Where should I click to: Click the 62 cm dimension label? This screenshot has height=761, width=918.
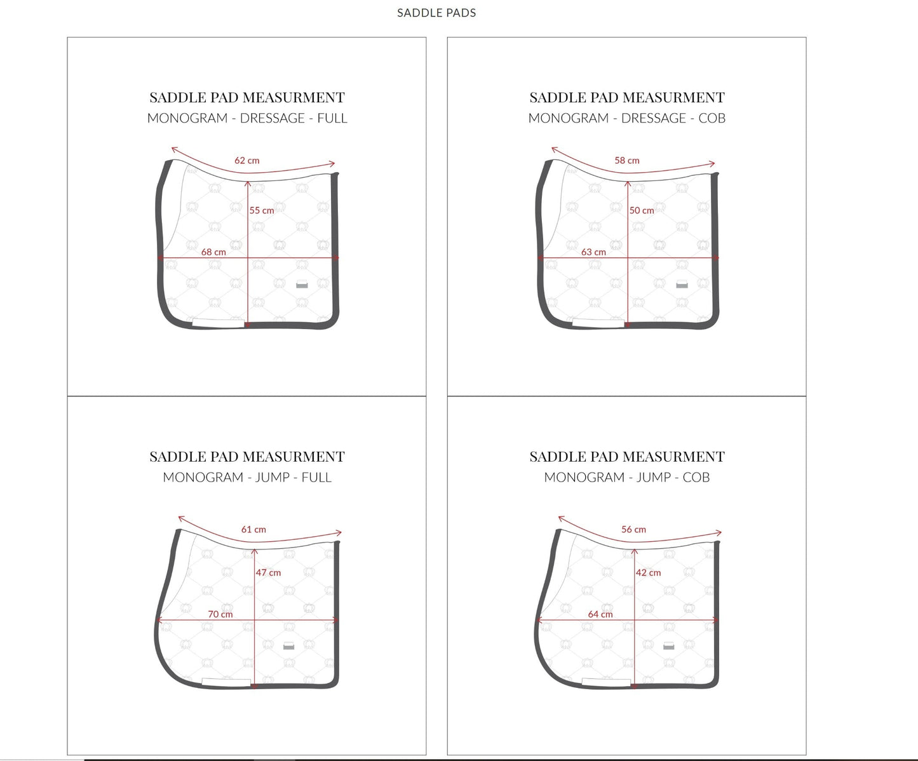point(246,161)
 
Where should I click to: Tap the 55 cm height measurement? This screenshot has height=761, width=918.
point(262,210)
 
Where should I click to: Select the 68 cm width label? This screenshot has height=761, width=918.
point(213,252)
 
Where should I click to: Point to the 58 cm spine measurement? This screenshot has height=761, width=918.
point(627,161)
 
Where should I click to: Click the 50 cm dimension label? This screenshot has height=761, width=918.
point(642,210)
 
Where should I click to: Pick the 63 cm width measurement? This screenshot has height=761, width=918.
point(593,252)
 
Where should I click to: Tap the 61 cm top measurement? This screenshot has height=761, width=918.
point(253,529)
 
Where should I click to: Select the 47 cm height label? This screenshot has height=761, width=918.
point(268,572)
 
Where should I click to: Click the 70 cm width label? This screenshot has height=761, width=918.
point(220,614)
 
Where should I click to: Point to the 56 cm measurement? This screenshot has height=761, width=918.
point(633,529)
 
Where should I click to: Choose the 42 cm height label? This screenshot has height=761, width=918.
point(648,572)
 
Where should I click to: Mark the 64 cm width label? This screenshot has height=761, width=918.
point(600,614)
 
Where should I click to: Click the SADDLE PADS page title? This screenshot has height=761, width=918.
point(436,13)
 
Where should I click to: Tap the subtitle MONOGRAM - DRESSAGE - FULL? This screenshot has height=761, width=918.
point(247,118)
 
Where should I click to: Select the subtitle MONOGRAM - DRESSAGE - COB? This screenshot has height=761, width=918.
point(627,118)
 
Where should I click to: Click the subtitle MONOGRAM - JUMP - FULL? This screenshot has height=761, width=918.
point(247,477)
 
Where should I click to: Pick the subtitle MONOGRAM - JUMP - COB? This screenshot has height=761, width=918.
point(627,477)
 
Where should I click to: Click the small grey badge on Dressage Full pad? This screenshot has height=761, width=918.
point(302,284)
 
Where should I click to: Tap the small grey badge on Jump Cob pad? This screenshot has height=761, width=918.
point(668,645)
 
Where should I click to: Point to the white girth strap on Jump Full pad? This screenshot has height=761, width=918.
point(226,682)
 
